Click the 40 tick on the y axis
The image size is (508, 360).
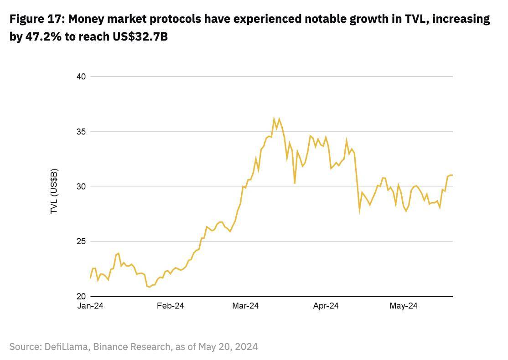81,77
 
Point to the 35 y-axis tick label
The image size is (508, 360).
81,132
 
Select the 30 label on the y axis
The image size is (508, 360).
81,186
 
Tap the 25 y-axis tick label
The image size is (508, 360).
81,241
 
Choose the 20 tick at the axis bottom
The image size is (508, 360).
81,296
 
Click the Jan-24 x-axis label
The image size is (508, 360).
90,306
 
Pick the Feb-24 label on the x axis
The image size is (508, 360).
170,306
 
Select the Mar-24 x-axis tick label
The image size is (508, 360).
245,306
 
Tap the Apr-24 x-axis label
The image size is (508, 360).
326,306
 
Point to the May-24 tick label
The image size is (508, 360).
404,306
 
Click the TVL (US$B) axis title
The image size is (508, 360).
54,191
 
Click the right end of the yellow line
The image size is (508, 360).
452,175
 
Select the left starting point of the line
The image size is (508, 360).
91,278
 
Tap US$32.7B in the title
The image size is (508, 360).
140,37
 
